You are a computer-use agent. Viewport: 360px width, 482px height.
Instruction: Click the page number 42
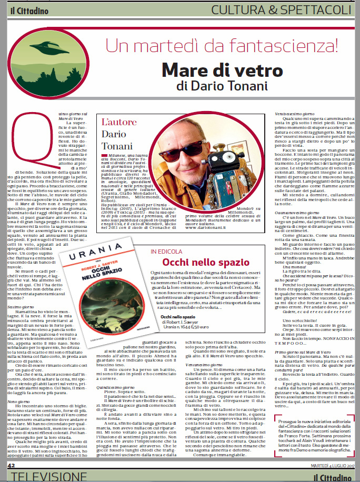[11, 466]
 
